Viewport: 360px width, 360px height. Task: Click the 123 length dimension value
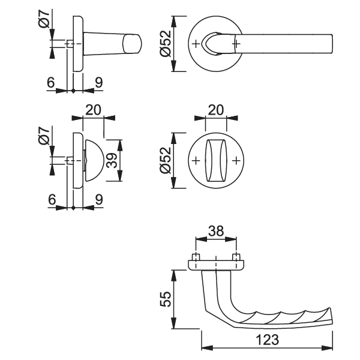tap(268, 340)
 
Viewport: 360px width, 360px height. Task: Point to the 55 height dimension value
tap(166, 299)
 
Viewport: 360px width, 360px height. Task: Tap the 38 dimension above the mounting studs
tap(216, 231)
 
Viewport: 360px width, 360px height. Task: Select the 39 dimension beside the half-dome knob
tap(113, 160)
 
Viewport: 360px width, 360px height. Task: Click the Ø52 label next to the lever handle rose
tap(166, 44)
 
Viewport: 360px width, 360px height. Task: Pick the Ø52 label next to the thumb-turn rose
tap(166, 160)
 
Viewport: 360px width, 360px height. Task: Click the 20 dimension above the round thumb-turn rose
tap(216, 110)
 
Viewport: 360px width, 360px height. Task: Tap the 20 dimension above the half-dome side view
tap(93, 110)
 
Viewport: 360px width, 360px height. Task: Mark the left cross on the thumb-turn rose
tap(196, 160)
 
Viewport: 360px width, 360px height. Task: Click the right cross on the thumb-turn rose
tap(236, 160)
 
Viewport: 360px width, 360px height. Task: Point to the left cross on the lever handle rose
tap(196, 44)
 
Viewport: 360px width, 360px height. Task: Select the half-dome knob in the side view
tap(94, 160)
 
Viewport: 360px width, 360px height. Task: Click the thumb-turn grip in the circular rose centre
tap(216, 160)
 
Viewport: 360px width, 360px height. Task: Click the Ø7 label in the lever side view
tap(44, 19)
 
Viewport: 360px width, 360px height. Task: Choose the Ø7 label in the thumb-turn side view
tap(44, 136)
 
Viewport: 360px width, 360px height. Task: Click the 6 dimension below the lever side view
tap(51, 82)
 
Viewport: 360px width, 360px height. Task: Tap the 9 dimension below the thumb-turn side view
tap(99, 200)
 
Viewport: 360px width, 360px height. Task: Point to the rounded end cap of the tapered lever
tap(132, 44)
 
